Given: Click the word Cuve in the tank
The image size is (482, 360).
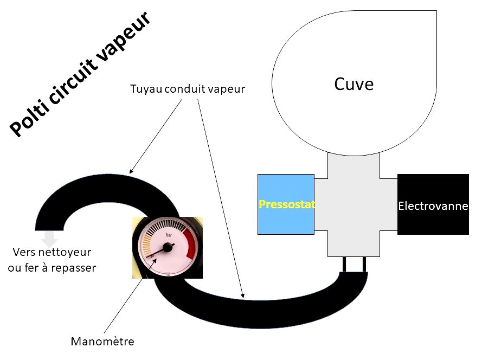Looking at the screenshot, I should click(354, 84).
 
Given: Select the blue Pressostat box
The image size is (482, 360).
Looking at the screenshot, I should click(286, 204).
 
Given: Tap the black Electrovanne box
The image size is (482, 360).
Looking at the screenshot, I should click(433, 204).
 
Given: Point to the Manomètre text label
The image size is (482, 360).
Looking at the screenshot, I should click(102, 342).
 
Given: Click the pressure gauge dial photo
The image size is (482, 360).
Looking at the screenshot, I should click(168, 247).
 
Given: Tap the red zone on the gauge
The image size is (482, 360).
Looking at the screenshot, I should click(190, 242).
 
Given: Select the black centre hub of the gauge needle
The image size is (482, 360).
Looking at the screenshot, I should click(167, 247).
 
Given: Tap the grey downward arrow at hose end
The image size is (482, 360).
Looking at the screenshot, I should click(50, 237).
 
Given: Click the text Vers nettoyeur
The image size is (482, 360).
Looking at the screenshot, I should click(52, 252).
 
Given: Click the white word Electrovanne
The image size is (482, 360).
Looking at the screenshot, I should click(433, 206).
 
